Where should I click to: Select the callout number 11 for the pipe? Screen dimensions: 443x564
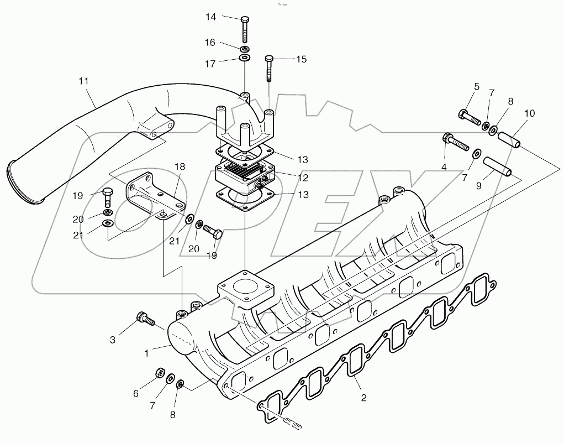83,81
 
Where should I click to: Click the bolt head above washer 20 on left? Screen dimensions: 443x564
108,194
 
